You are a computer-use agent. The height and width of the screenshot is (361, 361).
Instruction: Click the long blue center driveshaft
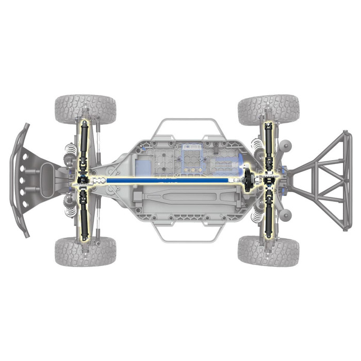click(x=165, y=180)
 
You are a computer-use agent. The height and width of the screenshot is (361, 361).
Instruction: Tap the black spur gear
click(x=248, y=180)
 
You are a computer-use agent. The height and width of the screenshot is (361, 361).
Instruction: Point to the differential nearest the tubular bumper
click(x=269, y=180)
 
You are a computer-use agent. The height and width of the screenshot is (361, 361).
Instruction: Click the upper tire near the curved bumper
click(x=85, y=108)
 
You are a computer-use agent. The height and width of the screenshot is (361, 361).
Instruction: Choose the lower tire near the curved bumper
click(x=85, y=252)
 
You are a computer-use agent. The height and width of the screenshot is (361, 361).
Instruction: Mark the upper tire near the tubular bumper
click(x=268, y=109)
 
